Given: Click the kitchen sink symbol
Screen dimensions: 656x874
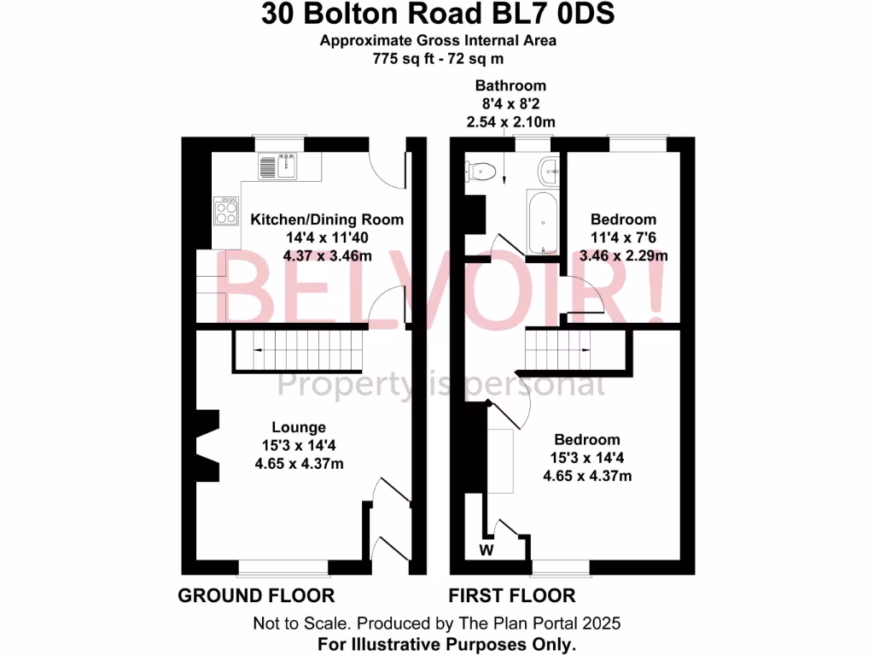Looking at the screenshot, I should (x=278, y=167).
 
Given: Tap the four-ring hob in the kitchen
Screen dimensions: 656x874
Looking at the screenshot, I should (x=226, y=211).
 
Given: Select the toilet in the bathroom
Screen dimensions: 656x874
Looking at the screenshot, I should (x=481, y=171).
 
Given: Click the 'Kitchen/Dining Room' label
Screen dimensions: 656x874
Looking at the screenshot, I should (x=327, y=220).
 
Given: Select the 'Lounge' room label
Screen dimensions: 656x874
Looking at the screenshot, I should (x=299, y=427).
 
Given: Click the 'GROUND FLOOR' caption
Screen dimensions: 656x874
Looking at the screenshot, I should (x=256, y=595).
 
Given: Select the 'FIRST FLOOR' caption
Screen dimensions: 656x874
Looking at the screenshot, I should (x=512, y=595).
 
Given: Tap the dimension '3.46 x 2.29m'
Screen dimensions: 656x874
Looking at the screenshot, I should (x=623, y=255).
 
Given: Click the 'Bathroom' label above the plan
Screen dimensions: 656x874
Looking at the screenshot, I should (x=510, y=86).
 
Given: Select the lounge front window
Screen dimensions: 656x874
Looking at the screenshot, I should (x=283, y=566).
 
